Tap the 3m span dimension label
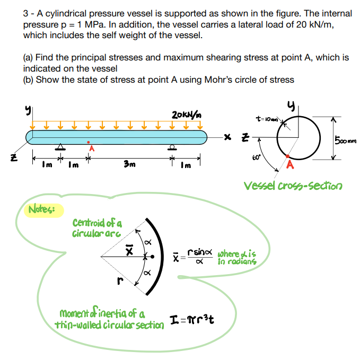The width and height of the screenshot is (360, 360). click(x=129, y=164)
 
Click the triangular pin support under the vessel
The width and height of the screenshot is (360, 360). click(x=62, y=147)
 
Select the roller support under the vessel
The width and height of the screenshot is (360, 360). click(x=171, y=147)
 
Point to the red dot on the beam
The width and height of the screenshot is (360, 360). click(x=88, y=142)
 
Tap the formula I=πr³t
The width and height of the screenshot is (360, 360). click(x=196, y=319)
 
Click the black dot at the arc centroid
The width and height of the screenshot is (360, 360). click(x=154, y=257)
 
